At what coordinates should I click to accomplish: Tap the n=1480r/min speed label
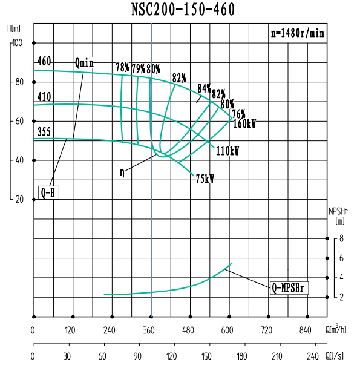tap(297, 33)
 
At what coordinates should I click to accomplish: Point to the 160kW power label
tap(244, 124)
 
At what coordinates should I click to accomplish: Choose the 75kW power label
tap(205, 179)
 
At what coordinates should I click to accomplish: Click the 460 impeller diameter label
tap(44, 61)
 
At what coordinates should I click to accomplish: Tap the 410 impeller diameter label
tap(44, 97)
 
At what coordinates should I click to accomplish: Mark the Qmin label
tap(85, 63)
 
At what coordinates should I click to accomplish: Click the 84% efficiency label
tap(203, 87)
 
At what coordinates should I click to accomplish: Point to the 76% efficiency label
tap(238, 114)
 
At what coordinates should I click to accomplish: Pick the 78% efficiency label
tap(123, 68)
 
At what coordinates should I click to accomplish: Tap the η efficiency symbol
tap(122, 172)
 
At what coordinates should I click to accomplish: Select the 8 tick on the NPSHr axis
tap(342, 239)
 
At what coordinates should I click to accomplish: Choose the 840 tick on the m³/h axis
tap(306, 330)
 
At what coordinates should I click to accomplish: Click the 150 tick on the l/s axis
tap(207, 356)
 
